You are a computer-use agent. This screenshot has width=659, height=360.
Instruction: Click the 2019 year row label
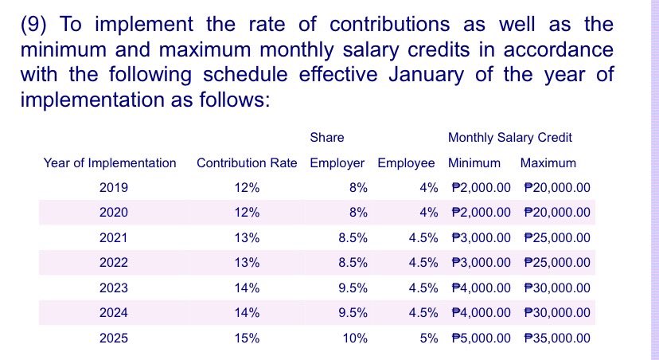tap(114, 188)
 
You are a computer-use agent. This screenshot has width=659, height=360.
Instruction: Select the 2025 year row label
tap(114, 338)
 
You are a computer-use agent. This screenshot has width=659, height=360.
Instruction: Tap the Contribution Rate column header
tap(247, 163)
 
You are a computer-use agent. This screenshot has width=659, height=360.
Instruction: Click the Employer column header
tap(337, 163)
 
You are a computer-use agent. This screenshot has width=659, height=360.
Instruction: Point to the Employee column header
tap(406, 163)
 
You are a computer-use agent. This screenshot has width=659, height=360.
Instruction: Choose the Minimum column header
tap(474, 163)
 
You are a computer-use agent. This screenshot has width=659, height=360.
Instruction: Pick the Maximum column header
tap(548, 163)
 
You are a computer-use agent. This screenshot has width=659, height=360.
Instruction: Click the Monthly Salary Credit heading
tap(510, 138)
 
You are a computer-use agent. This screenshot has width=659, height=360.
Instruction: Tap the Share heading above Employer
tap(327, 138)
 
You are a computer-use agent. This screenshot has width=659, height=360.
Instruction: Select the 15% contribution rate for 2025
tap(248, 338)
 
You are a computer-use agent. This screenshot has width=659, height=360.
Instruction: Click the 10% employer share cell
tap(354, 338)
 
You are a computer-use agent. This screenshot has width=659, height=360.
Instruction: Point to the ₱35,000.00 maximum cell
tap(558, 338)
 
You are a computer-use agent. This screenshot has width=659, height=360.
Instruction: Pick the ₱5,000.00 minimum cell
tap(480, 338)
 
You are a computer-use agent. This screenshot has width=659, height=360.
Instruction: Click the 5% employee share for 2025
tap(429, 338)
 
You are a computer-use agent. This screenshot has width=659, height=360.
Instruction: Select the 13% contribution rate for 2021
tap(248, 237)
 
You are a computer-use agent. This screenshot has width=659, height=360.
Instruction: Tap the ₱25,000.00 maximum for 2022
tap(558, 263)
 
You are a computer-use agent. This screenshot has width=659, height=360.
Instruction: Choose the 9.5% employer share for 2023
tap(353, 288)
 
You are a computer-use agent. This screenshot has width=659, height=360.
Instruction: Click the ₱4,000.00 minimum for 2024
tap(480, 313)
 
